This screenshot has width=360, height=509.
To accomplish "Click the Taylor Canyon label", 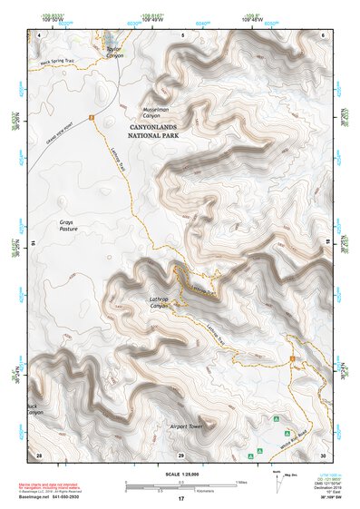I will pos(113,53).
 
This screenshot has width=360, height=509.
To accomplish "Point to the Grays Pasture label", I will pos(66,226).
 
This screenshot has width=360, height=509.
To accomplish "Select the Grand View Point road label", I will pos(59,133).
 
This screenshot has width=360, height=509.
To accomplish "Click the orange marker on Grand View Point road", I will pos(91,116).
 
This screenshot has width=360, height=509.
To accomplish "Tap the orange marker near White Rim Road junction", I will pos(293,359).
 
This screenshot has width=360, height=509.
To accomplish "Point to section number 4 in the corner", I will pos(40,34).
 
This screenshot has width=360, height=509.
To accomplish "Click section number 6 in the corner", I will pos(324,34).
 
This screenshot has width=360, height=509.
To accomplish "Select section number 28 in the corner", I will pos(39,453).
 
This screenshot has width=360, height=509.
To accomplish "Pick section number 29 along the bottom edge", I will pos(181,453).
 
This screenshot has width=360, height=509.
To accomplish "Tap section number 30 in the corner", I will pos(323,453).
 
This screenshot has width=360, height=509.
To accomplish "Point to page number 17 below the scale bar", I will pos(181,498).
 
